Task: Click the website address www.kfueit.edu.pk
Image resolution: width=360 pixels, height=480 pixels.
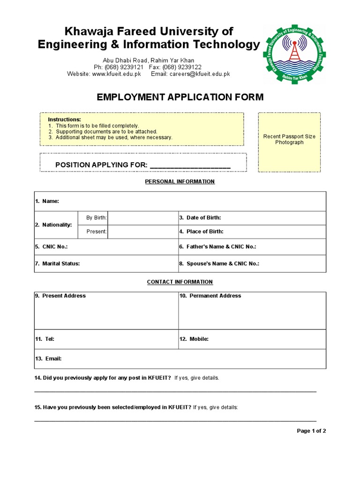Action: pyautogui.click(x=117, y=74)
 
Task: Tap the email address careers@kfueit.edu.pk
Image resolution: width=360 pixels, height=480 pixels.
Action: pyautogui.click(x=200, y=74)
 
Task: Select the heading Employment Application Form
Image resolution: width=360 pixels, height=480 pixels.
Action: pyautogui.click(x=180, y=97)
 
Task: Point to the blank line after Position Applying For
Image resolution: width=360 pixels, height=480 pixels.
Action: pyautogui.click(x=190, y=165)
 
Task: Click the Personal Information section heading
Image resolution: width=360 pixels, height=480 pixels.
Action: pyautogui.click(x=180, y=181)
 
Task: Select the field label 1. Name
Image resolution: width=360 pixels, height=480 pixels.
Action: pyautogui.click(x=47, y=201)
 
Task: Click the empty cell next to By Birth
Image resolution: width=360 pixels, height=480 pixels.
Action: pyautogui.click(x=142, y=217)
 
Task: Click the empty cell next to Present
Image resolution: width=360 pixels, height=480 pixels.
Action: pyautogui.click(x=142, y=232)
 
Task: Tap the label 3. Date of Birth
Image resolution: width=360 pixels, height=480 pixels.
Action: pyautogui.click(x=200, y=217)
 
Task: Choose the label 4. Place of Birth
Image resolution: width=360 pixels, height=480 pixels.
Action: pyautogui.click(x=201, y=232)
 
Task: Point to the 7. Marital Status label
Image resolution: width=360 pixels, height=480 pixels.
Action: pyautogui.click(x=57, y=263)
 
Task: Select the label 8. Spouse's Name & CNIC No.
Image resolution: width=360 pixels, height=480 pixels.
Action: pyautogui.click(x=219, y=263)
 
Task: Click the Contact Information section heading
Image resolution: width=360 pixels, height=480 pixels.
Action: pyautogui.click(x=180, y=282)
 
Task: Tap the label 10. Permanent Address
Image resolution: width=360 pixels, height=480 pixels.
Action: pyautogui.click(x=210, y=296)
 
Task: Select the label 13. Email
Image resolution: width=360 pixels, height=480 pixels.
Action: pyautogui.click(x=48, y=359)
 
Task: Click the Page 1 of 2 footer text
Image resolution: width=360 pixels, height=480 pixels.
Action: pyautogui.click(x=311, y=431)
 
